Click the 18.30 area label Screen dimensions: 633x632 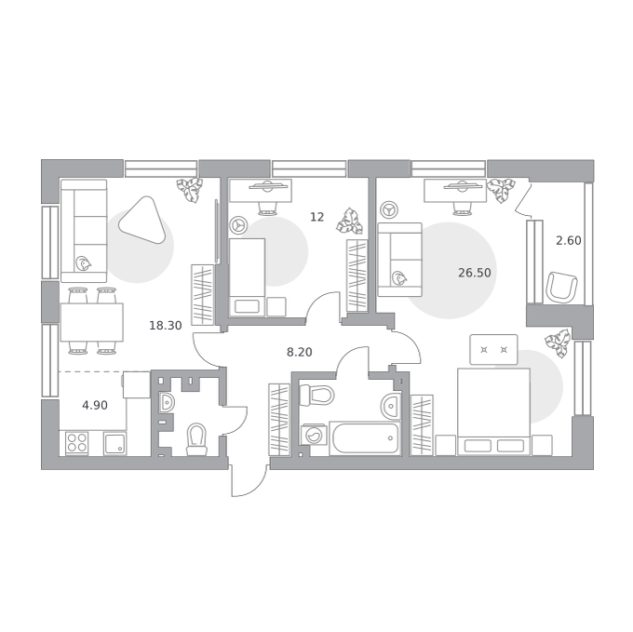(166, 325)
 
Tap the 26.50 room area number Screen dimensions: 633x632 (475, 273)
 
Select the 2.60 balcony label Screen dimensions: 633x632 (569, 240)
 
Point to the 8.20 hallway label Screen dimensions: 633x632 (299, 353)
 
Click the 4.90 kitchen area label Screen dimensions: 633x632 (95, 405)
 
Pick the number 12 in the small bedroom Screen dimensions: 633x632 (316, 217)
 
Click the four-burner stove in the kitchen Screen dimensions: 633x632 (77, 443)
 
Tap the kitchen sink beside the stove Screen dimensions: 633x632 (115, 443)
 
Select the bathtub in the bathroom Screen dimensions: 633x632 (365, 438)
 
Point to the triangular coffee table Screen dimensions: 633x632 (142, 219)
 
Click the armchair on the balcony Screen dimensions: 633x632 (561, 287)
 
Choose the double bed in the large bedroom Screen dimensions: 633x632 (493, 411)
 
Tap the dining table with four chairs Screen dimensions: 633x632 (91, 322)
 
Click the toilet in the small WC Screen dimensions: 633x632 (196, 438)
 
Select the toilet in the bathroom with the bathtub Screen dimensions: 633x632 (316, 395)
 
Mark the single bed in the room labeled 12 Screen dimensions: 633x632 (247, 276)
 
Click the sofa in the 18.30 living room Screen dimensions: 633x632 (84, 231)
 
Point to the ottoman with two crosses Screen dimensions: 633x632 (493, 349)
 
